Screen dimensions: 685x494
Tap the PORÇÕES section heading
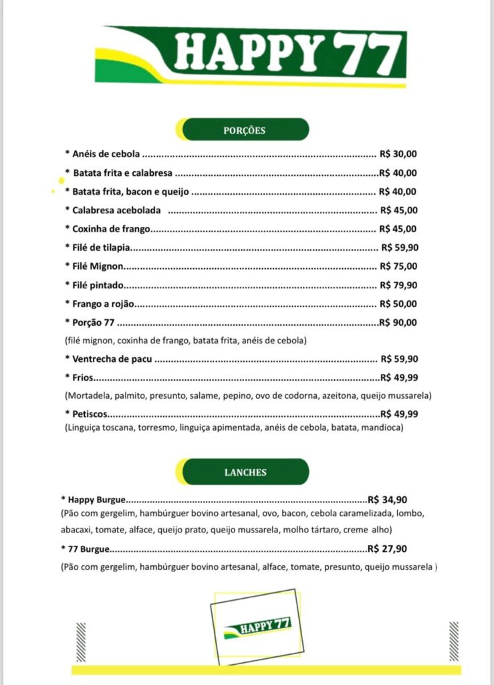[244, 130]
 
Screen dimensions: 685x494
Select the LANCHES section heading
[245, 472]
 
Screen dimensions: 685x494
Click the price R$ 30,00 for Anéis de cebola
[398, 154]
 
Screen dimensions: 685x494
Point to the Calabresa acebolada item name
[116, 210]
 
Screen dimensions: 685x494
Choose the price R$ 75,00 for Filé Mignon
[399, 266]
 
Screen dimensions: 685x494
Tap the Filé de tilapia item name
[101, 248]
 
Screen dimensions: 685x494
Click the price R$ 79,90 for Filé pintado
[399, 284]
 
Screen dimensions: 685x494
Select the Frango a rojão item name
[104, 304]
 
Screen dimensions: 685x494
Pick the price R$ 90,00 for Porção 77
[398, 322]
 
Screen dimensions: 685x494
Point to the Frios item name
[83, 377]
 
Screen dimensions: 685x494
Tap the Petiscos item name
[90, 413]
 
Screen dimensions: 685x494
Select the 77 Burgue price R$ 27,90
[388, 549]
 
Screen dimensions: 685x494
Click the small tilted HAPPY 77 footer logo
[256, 627]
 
